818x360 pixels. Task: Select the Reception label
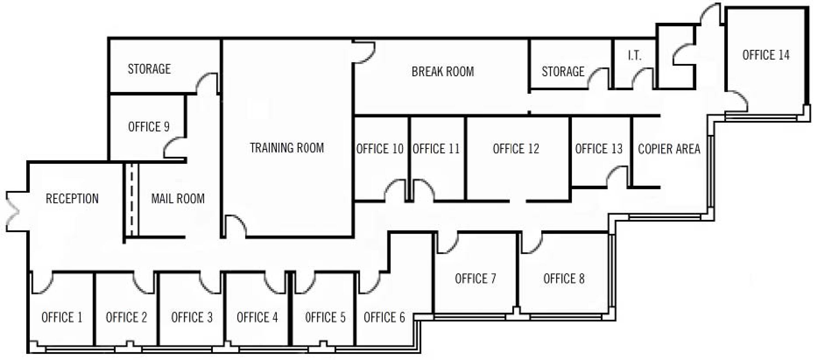(x=72, y=199)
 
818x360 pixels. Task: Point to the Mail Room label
(x=178, y=199)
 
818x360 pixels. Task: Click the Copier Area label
(x=669, y=149)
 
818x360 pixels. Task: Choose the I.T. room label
(x=634, y=56)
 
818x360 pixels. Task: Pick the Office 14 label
(x=766, y=55)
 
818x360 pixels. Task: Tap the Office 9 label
(x=149, y=127)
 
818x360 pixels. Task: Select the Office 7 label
(x=475, y=279)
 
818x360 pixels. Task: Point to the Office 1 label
(x=62, y=317)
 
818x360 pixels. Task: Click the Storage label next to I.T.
(x=563, y=72)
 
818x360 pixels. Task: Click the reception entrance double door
(x=12, y=211)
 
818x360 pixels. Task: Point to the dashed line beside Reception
(x=131, y=200)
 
